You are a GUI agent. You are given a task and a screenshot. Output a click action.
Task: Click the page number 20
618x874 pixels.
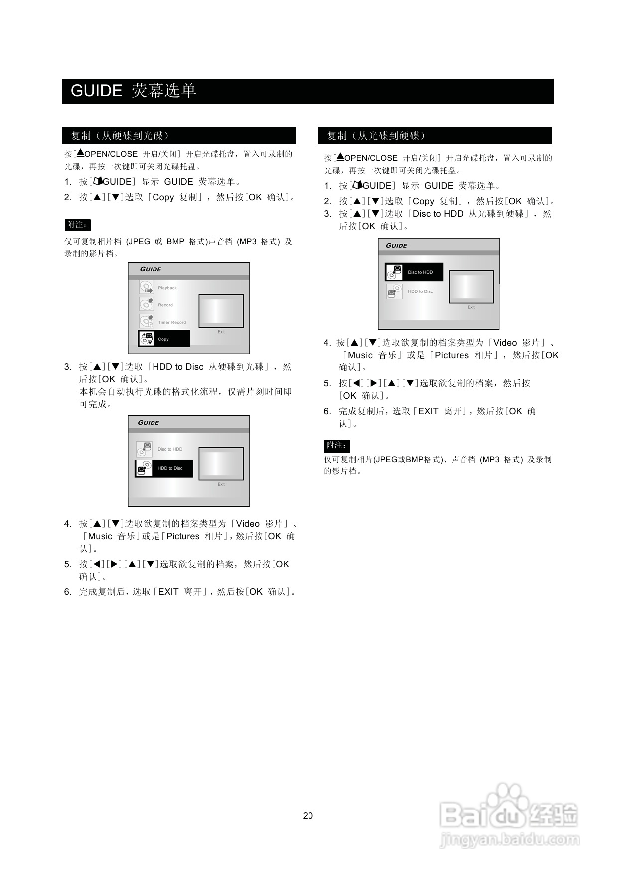308,816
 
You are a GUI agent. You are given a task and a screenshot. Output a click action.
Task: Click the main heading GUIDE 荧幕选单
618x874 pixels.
134,91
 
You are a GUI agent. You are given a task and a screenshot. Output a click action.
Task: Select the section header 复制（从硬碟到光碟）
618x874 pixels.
120,136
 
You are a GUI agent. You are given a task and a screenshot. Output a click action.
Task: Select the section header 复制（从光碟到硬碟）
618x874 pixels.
376,136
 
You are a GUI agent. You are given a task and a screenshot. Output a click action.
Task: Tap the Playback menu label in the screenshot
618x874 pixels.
167,288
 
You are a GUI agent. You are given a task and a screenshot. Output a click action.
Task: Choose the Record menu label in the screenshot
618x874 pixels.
165,305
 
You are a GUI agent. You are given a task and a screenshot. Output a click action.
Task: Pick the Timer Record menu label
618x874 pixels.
172,322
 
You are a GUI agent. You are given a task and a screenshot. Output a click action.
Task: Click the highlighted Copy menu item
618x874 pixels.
164,339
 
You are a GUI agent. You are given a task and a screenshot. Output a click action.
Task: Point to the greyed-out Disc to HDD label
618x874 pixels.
170,449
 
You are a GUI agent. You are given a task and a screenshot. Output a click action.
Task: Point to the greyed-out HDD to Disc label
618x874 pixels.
420,291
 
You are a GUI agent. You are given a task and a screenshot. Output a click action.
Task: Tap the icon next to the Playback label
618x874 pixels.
146,288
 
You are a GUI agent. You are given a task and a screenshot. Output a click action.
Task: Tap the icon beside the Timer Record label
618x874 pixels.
146,322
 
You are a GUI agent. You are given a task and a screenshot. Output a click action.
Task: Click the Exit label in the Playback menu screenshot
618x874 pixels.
221,332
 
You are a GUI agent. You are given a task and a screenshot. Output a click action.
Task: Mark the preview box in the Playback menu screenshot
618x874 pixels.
221,311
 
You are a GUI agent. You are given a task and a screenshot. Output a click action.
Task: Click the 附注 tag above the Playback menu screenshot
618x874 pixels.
77,225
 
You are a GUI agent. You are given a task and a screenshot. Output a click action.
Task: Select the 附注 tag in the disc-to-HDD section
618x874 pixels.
337,445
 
